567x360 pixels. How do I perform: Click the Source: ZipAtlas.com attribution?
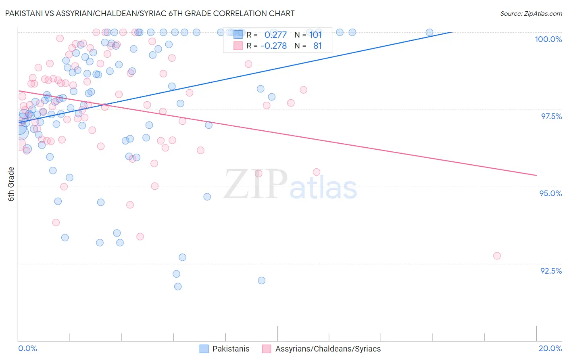[x=531, y=14]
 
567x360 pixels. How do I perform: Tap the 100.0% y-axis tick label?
[x=548, y=39]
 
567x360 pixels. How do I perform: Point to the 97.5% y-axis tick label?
[x=551, y=116]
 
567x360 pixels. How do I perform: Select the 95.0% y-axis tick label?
[x=550, y=193]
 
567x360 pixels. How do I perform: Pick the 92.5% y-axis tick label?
[x=551, y=271]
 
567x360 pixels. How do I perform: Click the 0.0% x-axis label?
[x=28, y=348]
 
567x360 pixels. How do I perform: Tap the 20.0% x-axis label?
[x=550, y=348]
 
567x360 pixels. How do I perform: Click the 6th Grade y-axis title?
[x=11, y=184]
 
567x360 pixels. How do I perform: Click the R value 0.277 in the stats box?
[x=275, y=35]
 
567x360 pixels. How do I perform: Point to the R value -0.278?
[x=274, y=46]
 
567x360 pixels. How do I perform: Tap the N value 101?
[x=315, y=35]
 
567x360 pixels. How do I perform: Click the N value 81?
[x=317, y=46]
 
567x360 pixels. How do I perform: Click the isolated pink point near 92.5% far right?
[x=497, y=256]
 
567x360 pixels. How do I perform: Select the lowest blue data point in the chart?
[x=178, y=287]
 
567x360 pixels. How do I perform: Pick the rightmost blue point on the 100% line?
[x=429, y=32]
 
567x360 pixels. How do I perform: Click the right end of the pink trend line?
[x=536, y=175]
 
